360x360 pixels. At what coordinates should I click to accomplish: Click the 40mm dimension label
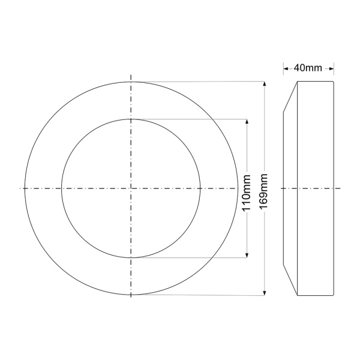pyautogui.click(x=310, y=68)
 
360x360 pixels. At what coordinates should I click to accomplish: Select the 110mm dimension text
pyautogui.click(x=246, y=188)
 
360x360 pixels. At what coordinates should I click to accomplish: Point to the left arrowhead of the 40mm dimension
pyautogui.click(x=286, y=68)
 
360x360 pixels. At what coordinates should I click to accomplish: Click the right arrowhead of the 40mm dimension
pyautogui.click(x=332, y=68)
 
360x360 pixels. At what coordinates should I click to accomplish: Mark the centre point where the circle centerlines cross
pyautogui.click(x=131, y=188)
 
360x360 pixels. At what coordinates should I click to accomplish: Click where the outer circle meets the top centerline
pyautogui.click(x=131, y=82)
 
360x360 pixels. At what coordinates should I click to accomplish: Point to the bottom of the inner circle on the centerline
pyautogui.click(x=131, y=259)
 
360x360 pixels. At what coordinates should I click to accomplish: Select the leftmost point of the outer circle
pyautogui.click(x=24, y=188)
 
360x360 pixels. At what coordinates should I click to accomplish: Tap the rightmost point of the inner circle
pyautogui.click(x=200, y=188)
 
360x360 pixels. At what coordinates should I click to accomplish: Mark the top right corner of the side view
pyautogui.click(x=334, y=82)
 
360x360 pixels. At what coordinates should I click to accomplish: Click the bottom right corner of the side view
pyautogui.click(x=334, y=295)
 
